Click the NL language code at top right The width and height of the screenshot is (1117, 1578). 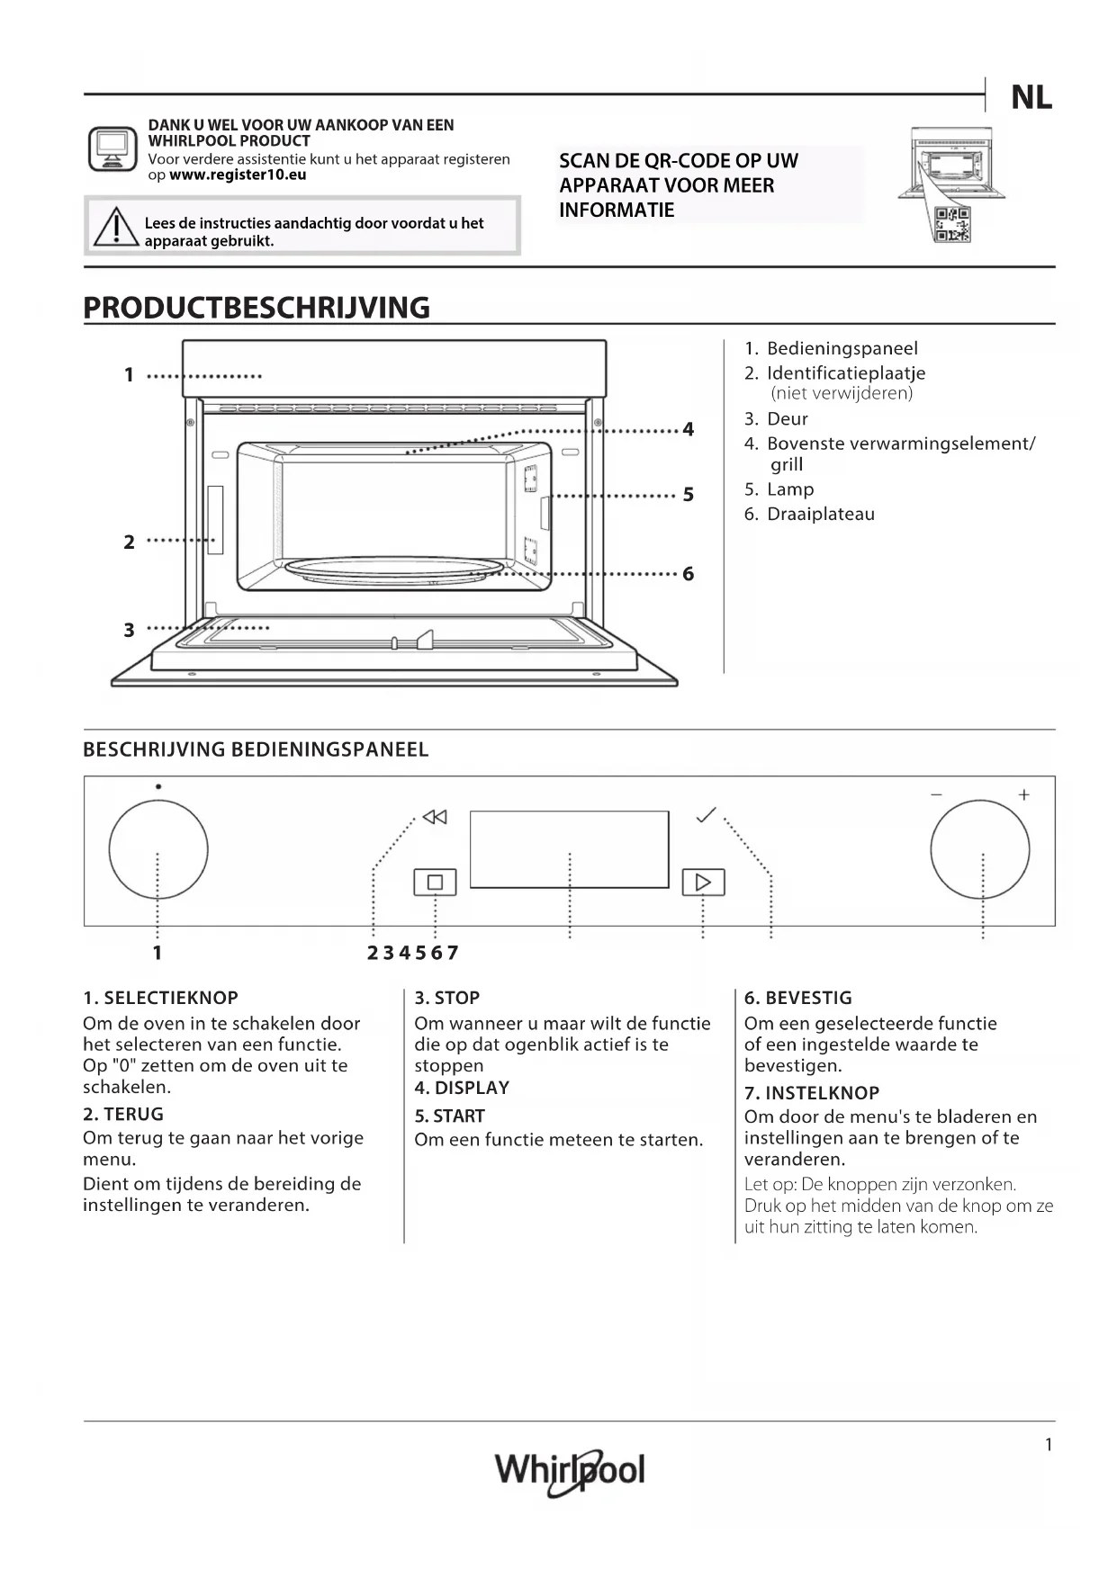point(1031,97)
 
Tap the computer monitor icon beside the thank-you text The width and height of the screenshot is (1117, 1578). point(113,148)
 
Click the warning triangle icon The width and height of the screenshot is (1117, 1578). point(115,227)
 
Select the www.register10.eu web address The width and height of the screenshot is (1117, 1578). point(238,175)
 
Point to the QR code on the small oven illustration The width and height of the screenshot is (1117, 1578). point(952,224)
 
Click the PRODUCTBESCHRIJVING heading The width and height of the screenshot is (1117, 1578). point(257,308)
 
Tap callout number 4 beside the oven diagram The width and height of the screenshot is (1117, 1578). point(689,429)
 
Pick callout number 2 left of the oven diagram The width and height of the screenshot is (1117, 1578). point(130,542)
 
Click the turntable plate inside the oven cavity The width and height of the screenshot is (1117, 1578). point(394,569)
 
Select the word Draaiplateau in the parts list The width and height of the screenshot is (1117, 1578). point(820,515)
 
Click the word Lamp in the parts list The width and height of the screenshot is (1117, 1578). point(790,489)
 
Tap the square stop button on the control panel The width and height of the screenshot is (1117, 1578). point(435,882)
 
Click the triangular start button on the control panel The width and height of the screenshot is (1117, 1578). point(703,882)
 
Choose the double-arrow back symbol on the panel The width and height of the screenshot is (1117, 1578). point(435,817)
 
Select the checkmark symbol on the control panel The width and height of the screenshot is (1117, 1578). point(707,815)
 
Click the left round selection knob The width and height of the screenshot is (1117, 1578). point(158,849)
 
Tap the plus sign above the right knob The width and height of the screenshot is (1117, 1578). point(1023,794)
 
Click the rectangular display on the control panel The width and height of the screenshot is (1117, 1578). point(569,848)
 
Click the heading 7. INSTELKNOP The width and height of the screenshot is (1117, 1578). point(811,1093)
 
